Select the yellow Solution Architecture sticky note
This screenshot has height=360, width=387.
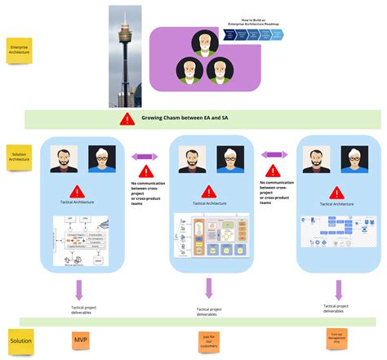click(20, 158)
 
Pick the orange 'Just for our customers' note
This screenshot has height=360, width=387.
click(209, 340)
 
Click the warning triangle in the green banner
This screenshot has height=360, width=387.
click(127, 119)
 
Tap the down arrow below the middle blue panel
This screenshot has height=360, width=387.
click(209, 289)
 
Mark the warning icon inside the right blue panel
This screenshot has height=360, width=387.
click(337, 190)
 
